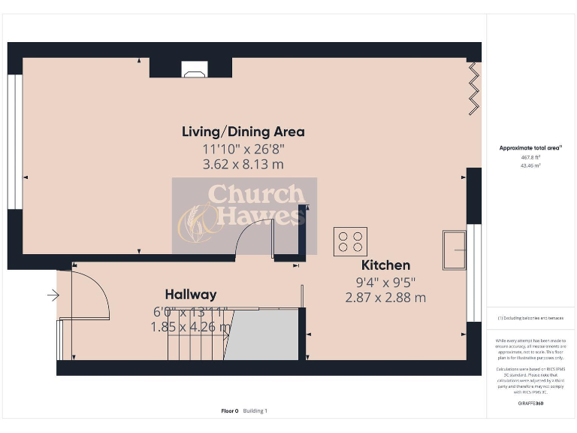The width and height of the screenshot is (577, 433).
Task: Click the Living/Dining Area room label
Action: (x=243, y=132)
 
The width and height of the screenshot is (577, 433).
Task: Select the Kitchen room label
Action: (x=385, y=265)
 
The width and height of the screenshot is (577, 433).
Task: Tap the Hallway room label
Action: (x=191, y=295)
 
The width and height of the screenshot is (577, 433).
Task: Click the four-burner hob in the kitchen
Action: (x=351, y=241)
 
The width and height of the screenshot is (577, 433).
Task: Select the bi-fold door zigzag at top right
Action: (x=473, y=89)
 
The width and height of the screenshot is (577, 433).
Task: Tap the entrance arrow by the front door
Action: (x=53, y=295)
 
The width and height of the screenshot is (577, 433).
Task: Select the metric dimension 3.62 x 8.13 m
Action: (x=243, y=164)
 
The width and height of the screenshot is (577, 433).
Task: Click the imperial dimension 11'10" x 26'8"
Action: (x=243, y=149)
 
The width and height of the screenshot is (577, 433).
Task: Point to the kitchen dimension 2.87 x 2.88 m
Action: (x=385, y=297)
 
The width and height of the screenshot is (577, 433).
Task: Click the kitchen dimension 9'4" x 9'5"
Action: (x=385, y=282)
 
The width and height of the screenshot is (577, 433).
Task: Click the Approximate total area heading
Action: (x=530, y=148)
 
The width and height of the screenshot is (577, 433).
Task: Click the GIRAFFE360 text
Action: (x=530, y=404)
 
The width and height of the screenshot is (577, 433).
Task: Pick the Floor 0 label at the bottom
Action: (x=229, y=410)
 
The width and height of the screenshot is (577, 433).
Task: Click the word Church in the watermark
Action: (x=255, y=195)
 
